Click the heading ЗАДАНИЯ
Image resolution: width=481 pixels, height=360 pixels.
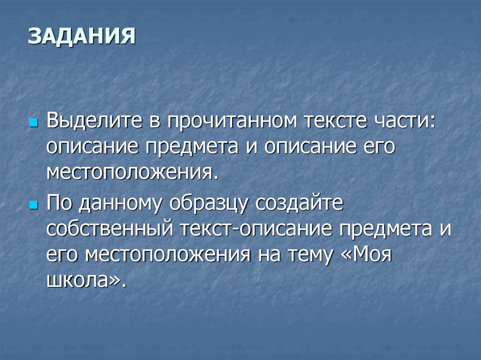click(81, 36)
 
